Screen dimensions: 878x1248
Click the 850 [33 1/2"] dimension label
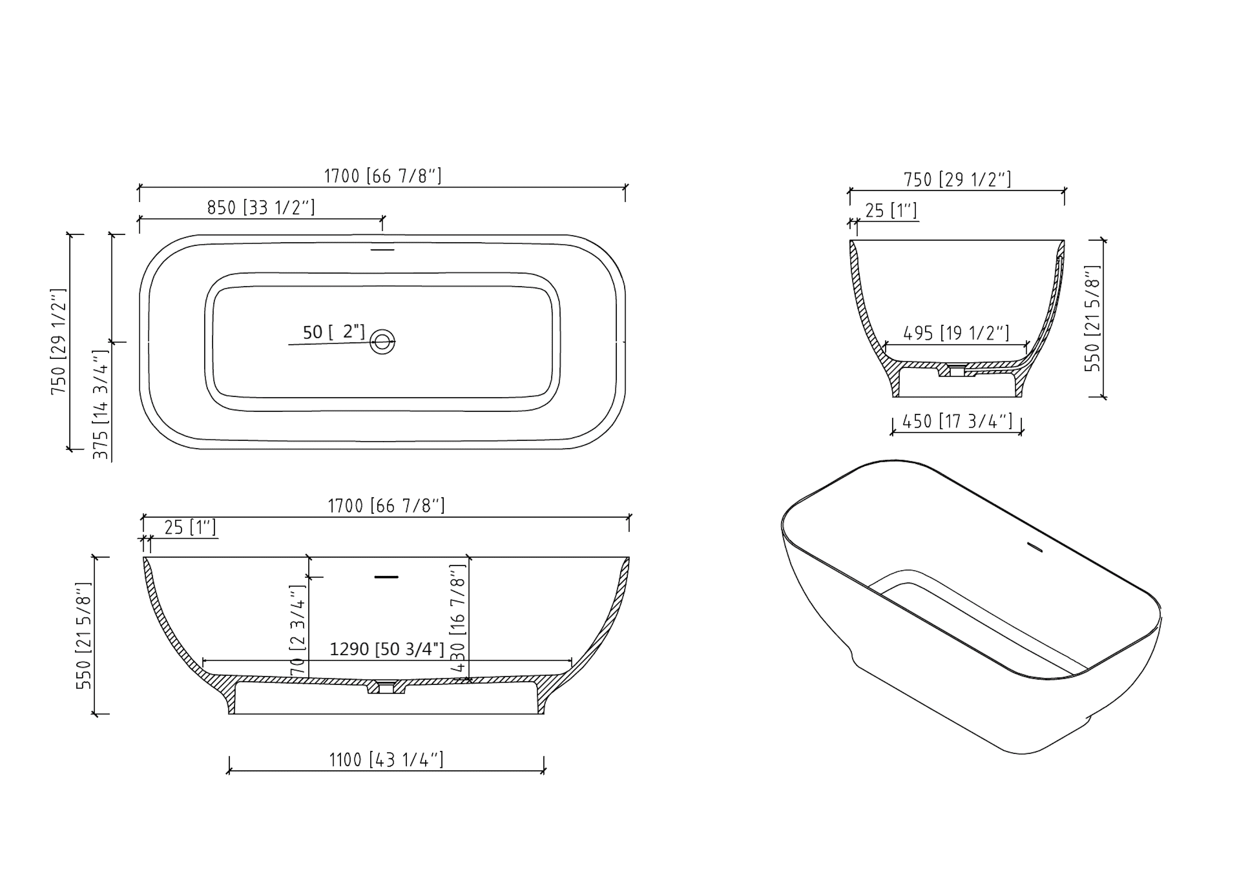point(261,208)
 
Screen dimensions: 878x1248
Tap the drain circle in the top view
point(382,342)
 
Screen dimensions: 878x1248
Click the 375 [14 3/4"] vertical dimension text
point(101,405)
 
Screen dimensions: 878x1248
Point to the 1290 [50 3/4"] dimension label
point(387,649)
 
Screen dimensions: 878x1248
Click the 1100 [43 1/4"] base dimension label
point(386,759)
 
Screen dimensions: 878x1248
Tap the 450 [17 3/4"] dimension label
point(957,421)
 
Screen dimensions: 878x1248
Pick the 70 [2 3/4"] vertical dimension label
point(298,630)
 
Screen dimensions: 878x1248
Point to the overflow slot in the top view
point(382,250)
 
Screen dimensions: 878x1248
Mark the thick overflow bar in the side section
point(387,577)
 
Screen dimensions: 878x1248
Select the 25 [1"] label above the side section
point(190,527)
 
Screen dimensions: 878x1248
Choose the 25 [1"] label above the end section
point(891,210)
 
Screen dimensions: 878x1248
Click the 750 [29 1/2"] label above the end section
point(957,179)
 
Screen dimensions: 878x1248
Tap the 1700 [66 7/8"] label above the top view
point(383,176)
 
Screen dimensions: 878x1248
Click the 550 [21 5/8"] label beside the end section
point(1092,318)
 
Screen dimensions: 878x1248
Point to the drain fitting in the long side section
point(386,688)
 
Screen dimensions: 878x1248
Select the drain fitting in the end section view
point(957,371)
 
